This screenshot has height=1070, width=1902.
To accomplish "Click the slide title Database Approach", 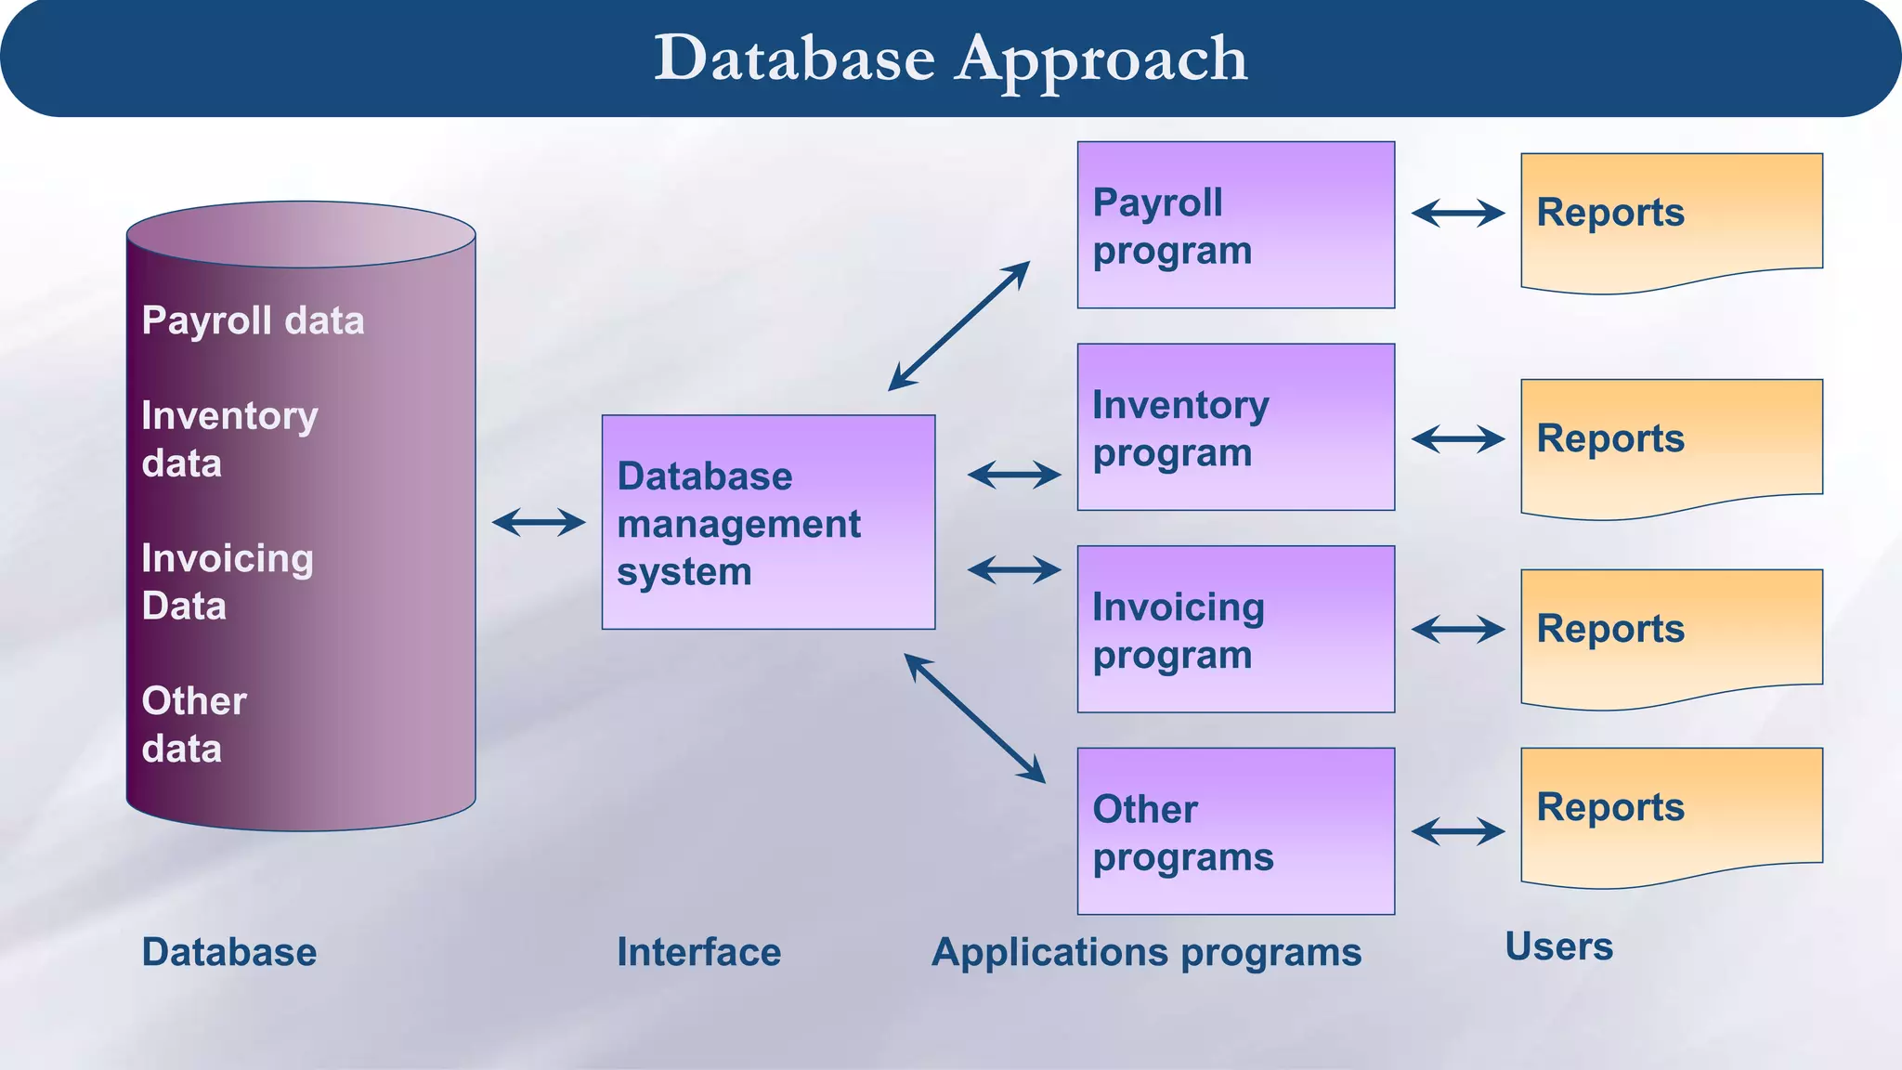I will pos(950,59).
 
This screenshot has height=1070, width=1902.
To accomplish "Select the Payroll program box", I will pos(1235,225).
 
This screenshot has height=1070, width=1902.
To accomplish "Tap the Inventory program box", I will pos(1235,427).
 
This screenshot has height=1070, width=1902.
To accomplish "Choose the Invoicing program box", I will pos(1235,629).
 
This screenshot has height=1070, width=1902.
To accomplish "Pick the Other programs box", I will pos(1235,831).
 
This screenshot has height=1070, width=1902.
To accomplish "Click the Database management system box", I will pos(768,522).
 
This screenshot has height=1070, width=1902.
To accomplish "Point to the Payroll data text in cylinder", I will pos(253,320).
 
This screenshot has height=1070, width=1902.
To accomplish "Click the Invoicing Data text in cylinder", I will pos(228,581).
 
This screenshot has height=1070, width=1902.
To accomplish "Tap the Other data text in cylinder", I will pos(194,724).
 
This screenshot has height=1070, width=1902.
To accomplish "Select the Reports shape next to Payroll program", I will pos(1671,219).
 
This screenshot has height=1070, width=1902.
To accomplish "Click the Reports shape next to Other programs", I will pos(1671,814).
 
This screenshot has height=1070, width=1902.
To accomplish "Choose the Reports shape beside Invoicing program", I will pos(1671,635).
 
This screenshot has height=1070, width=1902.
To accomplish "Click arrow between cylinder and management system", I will pos(539,522).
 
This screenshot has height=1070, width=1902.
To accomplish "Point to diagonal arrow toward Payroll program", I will pos(959,325).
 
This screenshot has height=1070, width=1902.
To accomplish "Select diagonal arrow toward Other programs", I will pos(974,718).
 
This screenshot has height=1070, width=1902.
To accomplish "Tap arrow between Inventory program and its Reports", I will pos(1458,438).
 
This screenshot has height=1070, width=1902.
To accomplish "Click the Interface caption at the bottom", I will pos(698,952).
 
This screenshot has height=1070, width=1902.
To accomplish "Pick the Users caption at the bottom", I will pos(1558,946).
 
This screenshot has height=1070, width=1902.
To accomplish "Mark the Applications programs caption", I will pos(1146,952).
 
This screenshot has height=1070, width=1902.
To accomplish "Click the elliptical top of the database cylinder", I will pos(301,234).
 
